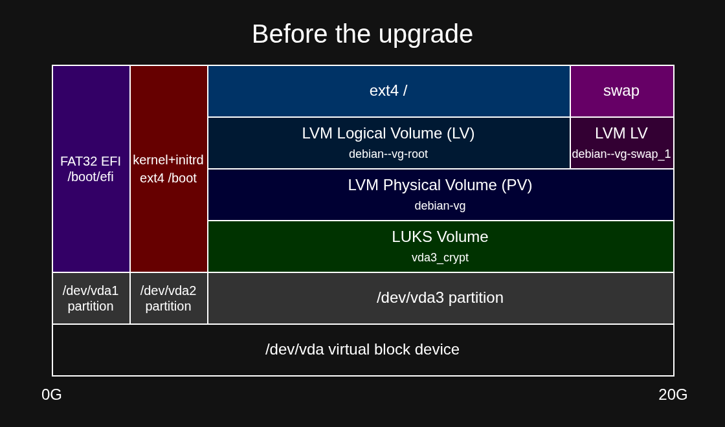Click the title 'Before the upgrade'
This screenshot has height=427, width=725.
point(362,34)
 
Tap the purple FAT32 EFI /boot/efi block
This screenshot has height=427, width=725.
point(91,169)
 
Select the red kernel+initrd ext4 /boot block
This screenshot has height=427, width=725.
point(169,169)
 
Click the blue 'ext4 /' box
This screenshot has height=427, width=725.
point(389,91)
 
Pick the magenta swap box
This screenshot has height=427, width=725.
point(622,91)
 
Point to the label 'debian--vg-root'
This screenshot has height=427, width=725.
point(388,154)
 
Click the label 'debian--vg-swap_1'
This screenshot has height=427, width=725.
point(621,154)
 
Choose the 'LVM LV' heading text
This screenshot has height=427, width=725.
point(621,133)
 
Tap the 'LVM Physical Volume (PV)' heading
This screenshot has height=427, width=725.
point(440,185)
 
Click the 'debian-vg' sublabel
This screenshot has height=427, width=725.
point(440,206)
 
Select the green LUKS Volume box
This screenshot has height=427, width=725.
point(441,246)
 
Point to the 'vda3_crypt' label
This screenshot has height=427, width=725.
point(440,257)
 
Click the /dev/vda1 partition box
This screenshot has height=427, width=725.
point(91,298)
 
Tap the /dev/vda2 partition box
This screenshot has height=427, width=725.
point(169,298)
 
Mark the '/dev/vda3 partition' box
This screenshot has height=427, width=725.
point(441,298)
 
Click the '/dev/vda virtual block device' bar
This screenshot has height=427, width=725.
point(363,350)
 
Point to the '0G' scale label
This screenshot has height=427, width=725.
point(52,395)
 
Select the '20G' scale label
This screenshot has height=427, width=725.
point(673,395)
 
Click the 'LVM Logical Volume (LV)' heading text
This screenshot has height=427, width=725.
point(388,133)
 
